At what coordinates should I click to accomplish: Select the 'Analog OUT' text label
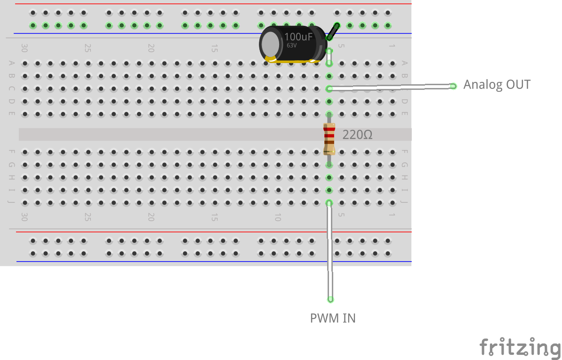pos(497,85)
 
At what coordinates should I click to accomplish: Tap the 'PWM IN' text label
pos(333,319)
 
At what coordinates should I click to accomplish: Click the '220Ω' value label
pos(357,135)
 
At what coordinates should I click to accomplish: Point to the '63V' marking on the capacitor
pos(292,46)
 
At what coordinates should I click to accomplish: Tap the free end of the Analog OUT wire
pos(453,86)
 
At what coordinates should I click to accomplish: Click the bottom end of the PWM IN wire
pos(330,299)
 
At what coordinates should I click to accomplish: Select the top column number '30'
pos(24,48)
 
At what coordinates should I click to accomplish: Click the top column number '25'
pos(88,48)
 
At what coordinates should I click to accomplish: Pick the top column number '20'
pos(151,48)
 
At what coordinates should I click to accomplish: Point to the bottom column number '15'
pos(214,217)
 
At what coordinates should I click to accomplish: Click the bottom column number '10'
pos(278,217)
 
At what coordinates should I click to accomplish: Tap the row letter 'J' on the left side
pos(12,203)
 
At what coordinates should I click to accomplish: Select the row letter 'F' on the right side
pos(404,152)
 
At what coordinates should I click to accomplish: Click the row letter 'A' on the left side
pos(12,63)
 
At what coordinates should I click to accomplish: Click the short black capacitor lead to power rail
pos(333,32)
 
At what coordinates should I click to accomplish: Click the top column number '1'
pos(392,46)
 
